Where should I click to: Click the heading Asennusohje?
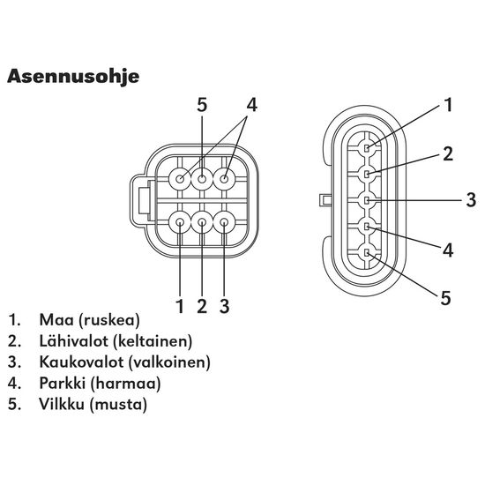tap(73, 77)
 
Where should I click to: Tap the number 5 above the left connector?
tap(202, 105)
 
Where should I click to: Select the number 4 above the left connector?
tap(252, 105)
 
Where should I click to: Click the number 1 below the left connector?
tap(180, 306)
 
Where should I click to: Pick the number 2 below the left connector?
tap(202, 306)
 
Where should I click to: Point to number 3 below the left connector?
tap(225, 306)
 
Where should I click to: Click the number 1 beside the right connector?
tap(448, 105)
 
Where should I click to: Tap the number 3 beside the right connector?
tap(471, 200)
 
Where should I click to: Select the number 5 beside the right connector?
tap(445, 298)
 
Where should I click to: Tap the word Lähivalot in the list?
tap(74, 341)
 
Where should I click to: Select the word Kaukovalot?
tap(82, 362)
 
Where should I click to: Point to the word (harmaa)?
tap(125, 384)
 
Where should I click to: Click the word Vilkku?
tap(62, 404)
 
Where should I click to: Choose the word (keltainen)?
tap(153, 341)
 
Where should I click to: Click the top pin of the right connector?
tap(367, 148)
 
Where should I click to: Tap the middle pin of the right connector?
tap(367, 200)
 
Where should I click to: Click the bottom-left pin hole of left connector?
tap(180, 222)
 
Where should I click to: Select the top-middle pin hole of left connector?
tap(202, 179)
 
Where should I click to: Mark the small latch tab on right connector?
tap(325, 199)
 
